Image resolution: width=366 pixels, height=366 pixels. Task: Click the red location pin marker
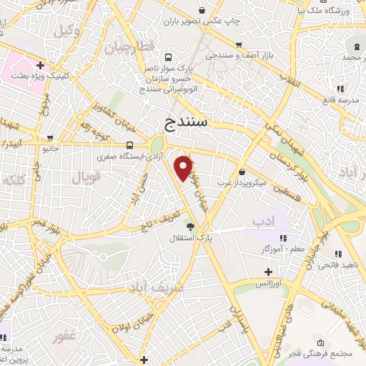(x=184, y=167)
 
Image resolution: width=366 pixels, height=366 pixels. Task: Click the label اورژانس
(x=267, y=284)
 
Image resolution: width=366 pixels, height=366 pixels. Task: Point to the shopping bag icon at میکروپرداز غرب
(x=243, y=172)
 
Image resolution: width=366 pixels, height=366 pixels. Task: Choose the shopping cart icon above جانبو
(x=49, y=137)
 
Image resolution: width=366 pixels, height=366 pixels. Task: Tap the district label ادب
(x=264, y=222)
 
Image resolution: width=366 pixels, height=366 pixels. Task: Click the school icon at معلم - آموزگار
(x=285, y=237)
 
